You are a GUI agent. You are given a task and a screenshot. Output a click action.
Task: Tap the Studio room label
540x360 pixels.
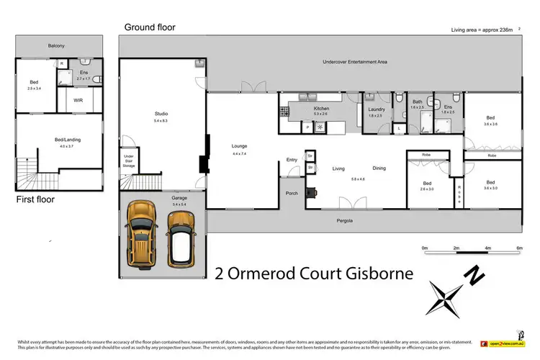click(161, 114)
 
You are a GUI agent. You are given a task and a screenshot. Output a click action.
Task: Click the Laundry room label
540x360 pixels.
click(377, 109)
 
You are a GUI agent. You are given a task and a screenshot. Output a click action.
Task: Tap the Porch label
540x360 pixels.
click(292, 193)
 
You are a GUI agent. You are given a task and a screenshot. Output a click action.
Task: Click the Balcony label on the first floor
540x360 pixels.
click(56, 46)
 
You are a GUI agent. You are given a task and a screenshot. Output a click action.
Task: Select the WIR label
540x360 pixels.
click(78, 101)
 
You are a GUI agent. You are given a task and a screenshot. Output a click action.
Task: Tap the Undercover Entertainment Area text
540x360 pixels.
click(355, 63)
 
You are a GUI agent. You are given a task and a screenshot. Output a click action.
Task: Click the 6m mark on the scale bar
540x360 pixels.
click(519, 248)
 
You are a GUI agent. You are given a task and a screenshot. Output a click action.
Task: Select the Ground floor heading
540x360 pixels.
click(149, 27)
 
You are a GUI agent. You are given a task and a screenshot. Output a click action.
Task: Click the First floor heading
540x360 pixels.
click(35, 199)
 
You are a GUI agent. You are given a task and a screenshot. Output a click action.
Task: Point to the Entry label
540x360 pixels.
click(292, 160)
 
